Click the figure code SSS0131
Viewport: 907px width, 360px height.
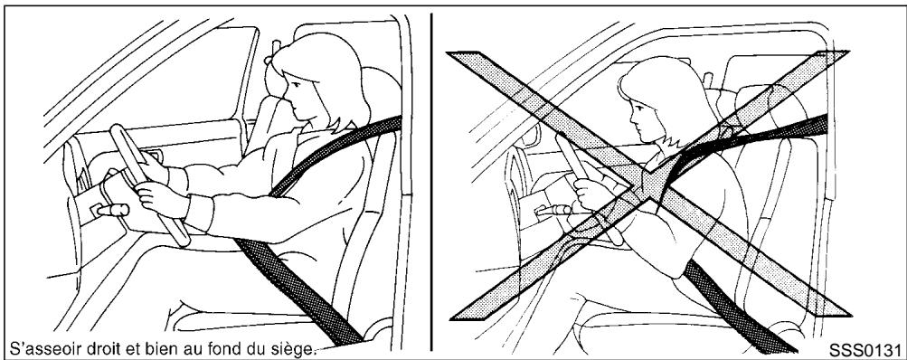pyautogui.click(x=867, y=348)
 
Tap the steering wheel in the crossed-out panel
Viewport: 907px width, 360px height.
pyautogui.click(x=579, y=172)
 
